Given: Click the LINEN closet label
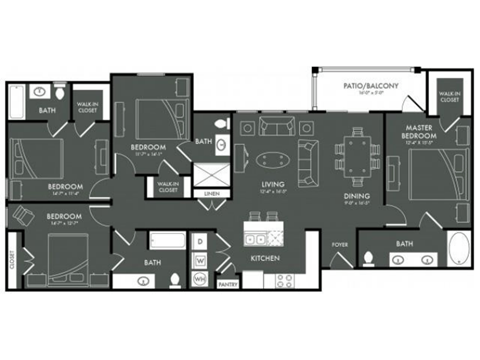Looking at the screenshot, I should coord(211,193).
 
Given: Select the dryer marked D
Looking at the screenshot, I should coord(200,241).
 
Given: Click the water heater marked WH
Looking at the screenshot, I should coord(200,277).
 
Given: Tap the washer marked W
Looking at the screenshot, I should coord(200,260).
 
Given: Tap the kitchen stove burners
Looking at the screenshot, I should coord(285,279).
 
